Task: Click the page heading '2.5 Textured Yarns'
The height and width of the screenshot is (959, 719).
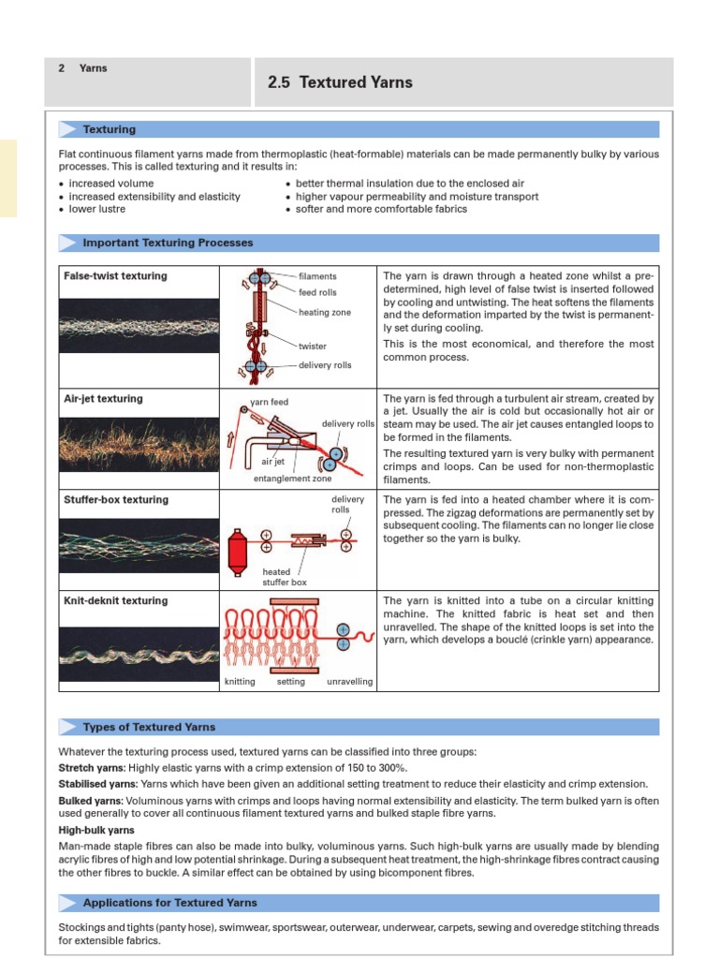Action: pyautogui.click(x=340, y=82)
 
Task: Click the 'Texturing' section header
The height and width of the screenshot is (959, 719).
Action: pyautogui.click(x=110, y=129)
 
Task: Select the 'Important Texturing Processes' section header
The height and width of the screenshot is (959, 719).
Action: pyautogui.click(x=168, y=243)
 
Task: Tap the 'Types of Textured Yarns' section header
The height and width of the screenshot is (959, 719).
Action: pyautogui.click(x=149, y=727)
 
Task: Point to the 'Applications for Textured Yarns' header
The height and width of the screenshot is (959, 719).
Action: pyautogui.click(x=169, y=903)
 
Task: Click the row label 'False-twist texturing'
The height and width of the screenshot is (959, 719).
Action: pyautogui.click(x=115, y=276)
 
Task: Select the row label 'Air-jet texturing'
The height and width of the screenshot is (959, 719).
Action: pyautogui.click(x=103, y=399)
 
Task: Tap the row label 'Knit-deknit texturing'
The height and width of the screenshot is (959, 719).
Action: pyautogui.click(x=115, y=601)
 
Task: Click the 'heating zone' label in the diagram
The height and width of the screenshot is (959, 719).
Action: pyautogui.click(x=325, y=312)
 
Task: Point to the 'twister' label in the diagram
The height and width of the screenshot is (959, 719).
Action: pyautogui.click(x=313, y=347)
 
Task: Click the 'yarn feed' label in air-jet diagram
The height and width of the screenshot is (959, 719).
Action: pyautogui.click(x=270, y=402)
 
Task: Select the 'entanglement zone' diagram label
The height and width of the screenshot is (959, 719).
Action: pyautogui.click(x=293, y=479)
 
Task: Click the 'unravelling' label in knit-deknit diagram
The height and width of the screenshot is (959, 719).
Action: pyautogui.click(x=349, y=682)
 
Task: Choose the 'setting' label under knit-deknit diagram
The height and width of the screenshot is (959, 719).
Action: pyautogui.click(x=291, y=682)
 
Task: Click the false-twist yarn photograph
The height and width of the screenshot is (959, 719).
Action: pyautogui.click(x=139, y=327)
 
